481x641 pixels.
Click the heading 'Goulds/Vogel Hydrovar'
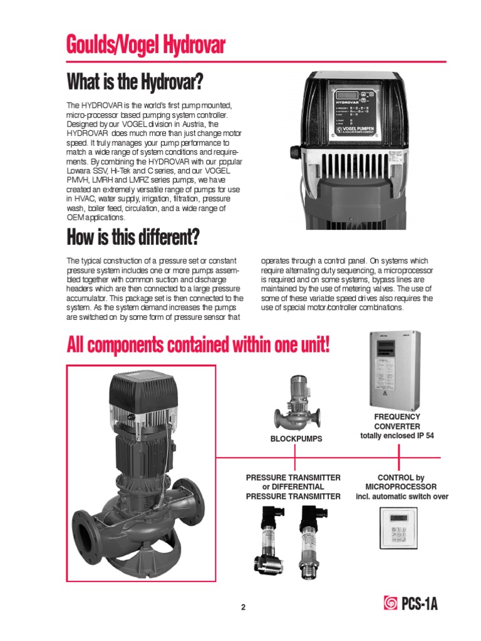point(145,45)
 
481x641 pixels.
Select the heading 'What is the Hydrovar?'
point(135,82)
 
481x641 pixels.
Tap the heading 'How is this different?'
point(133,238)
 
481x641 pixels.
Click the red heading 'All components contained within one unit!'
point(198,345)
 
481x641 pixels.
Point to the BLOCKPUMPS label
point(296,439)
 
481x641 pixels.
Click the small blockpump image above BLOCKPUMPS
point(297,403)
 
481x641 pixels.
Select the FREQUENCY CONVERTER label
point(397,421)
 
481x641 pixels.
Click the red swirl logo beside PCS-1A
point(388,605)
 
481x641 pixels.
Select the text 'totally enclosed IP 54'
point(397,436)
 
